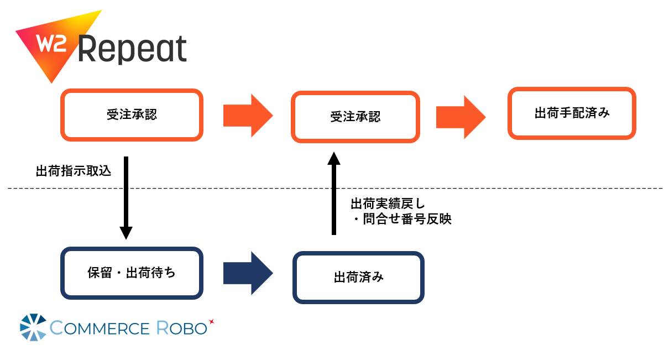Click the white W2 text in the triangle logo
(51, 44)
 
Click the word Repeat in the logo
(132, 49)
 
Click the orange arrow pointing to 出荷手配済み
(461, 117)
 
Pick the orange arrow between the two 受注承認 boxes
(248, 116)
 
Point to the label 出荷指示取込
(74, 171)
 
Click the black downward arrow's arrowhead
(126, 233)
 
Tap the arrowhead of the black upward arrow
(334, 158)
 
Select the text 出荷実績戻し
(388, 204)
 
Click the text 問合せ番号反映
(407, 219)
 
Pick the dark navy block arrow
(248, 273)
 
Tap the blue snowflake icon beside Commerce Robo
(33, 327)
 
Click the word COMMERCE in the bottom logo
(100, 328)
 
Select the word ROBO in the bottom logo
(181, 328)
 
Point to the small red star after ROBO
(211, 321)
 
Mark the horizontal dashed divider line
(335, 188)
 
